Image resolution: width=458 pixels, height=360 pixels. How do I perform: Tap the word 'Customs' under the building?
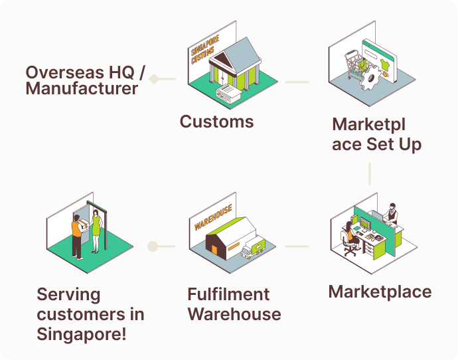(216, 122)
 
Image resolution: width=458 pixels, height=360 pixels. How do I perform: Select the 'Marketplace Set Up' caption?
(376, 134)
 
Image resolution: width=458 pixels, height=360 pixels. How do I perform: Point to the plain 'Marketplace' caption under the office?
(380, 292)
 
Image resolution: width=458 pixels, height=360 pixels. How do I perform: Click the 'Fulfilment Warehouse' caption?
(234, 304)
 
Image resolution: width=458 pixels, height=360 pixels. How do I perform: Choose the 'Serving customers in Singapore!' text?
(90, 314)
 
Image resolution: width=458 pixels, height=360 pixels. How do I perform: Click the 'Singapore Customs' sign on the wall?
(203, 50)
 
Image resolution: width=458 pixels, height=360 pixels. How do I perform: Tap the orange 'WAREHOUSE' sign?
(213, 217)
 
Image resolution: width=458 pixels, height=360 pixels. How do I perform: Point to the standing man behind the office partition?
(392, 213)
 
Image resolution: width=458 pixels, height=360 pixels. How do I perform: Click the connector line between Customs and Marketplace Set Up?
(297, 82)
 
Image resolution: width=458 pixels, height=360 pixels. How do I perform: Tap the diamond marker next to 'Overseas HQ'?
(154, 79)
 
